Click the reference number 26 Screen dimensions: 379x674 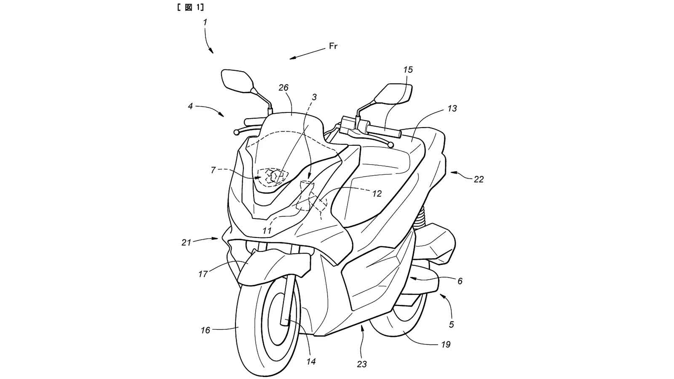click(x=284, y=88)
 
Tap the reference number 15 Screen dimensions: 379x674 click(x=408, y=70)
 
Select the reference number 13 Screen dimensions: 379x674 click(x=452, y=109)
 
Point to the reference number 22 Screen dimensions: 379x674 click(x=479, y=179)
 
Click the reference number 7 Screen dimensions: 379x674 click(x=213, y=170)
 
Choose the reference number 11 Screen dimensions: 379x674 click(x=267, y=231)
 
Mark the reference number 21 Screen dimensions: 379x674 click(x=186, y=243)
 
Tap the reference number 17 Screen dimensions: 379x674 click(x=203, y=274)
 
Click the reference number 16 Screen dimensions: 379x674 click(x=205, y=331)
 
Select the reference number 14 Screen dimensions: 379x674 click(x=311, y=361)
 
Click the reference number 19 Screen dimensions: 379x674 click(x=446, y=344)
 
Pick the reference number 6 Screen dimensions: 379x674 click(x=460, y=281)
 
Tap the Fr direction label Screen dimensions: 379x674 click(x=333, y=47)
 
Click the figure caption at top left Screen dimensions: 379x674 click(x=192, y=7)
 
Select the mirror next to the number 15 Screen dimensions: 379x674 click(x=393, y=93)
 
